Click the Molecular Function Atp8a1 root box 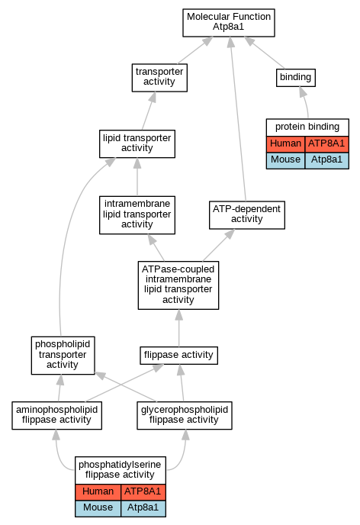(x=229, y=23)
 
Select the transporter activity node (x=159, y=78)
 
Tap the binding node (x=296, y=78)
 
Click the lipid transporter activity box (x=137, y=143)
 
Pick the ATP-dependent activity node (x=247, y=215)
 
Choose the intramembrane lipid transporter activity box (x=137, y=215)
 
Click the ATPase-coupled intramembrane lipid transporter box (x=178, y=285)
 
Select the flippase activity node (x=178, y=356)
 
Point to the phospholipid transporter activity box (x=63, y=356)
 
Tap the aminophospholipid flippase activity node (x=57, y=416)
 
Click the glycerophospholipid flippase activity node (x=185, y=416)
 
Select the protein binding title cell (x=307, y=127)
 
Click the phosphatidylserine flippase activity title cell (x=121, y=470)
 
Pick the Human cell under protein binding (x=286, y=144)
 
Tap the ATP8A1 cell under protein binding (x=327, y=144)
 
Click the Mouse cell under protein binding (x=286, y=161)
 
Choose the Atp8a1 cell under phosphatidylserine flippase (x=143, y=508)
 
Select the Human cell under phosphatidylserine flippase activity (x=98, y=492)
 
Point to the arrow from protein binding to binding (x=305, y=102)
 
